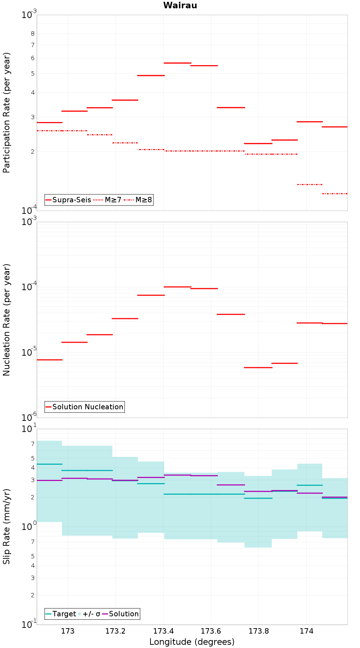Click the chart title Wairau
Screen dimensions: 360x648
(180, 5)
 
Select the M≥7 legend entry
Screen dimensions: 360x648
(107, 200)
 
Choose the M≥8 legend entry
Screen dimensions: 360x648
(138, 200)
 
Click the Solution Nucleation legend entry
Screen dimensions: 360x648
(85, 407)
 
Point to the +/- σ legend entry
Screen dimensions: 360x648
(89, 614)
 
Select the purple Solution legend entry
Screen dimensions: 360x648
(121, 614)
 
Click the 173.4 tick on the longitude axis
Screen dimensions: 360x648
(163, 631)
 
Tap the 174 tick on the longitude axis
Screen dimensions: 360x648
(306, 631)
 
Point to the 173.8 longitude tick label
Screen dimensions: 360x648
(258, 631)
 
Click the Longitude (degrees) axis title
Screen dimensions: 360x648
(192, 642)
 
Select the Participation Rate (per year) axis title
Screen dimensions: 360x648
(6, 113)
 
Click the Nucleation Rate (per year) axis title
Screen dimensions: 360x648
(6, 320)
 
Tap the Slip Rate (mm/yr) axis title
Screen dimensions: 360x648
(6, 527)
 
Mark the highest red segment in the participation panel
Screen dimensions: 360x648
(177, 63)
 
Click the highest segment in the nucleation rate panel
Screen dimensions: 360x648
(177, 287)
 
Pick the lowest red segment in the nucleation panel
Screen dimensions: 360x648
(258, 368)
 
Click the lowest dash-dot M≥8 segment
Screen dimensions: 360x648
(335, 194)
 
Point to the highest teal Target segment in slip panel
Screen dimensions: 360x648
(50, 464)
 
